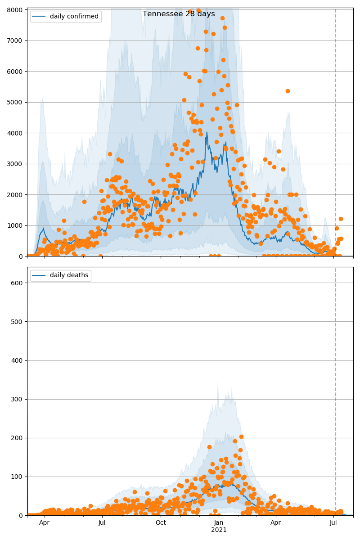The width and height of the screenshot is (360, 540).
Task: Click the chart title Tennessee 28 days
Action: pos(179,14)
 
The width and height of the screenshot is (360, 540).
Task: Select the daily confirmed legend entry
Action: pos(74,17)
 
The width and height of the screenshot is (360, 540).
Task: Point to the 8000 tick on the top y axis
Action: pos(15,10)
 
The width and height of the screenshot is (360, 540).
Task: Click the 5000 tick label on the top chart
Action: pos(15,102)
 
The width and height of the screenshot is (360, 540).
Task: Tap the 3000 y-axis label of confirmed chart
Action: pos(15,164)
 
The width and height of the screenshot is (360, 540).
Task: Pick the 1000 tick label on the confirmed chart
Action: pos(15,225)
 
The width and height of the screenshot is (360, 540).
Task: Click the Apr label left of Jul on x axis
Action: pos(44,522)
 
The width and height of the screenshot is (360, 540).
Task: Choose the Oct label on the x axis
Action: pos(161,522)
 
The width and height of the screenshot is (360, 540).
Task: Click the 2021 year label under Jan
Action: pos(219,530)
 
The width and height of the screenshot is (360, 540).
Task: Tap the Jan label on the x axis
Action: pos(219,522)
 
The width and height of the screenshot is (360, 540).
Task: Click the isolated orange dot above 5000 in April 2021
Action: pos(288,91)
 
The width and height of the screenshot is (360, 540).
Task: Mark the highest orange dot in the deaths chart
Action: pos(241,436)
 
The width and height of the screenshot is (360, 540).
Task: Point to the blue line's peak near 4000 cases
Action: pos(207,132)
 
